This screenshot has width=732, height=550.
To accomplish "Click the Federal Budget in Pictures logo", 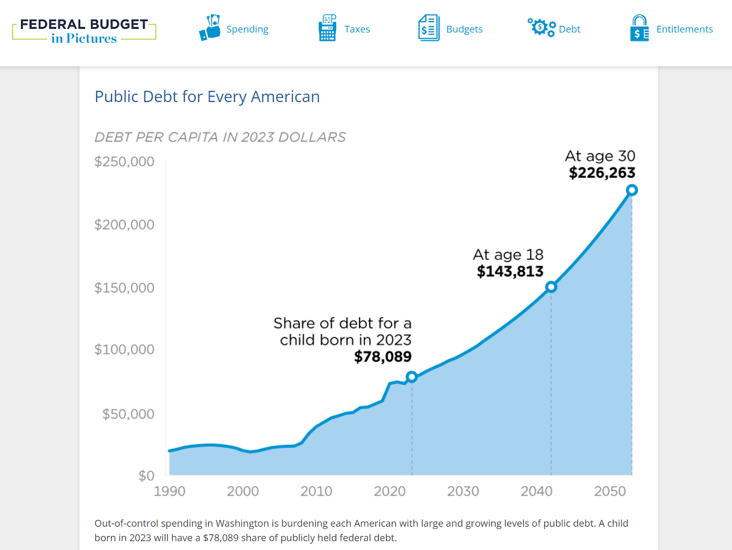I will tap(84, 31).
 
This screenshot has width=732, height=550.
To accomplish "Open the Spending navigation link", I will tap(247, 29).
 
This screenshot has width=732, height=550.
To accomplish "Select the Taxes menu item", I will tap(357, 29).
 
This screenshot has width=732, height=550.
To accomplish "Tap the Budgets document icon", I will tap(429, 28).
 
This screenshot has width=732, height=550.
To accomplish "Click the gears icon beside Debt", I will tap(541, 27).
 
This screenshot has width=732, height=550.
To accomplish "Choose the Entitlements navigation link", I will tap(684, 29).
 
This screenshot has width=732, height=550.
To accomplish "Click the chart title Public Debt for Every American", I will tap(207, 97).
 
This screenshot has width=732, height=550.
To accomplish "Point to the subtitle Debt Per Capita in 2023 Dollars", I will tap(220, 137).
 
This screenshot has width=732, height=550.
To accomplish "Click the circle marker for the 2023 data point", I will tap(412, 377).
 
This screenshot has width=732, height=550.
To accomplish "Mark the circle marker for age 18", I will tap(551, 287).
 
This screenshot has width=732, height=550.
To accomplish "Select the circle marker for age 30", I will tap(632, 190).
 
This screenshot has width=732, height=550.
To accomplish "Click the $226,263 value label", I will tap(602, 173).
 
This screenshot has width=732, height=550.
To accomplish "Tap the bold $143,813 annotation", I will tap(510, 271).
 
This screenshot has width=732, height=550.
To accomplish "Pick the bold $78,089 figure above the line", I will tap(383, 356).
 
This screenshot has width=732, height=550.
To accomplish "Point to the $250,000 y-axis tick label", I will tap(124, 162).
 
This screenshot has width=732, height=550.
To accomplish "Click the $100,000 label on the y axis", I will tap(124, 350).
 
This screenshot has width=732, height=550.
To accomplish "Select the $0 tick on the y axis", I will tap(146, 476).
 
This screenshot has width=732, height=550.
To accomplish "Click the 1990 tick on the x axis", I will tap(169, 491).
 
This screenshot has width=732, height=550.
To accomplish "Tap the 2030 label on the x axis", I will tap(463, 491).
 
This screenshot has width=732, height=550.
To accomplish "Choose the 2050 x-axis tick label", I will tap(610, 491).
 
